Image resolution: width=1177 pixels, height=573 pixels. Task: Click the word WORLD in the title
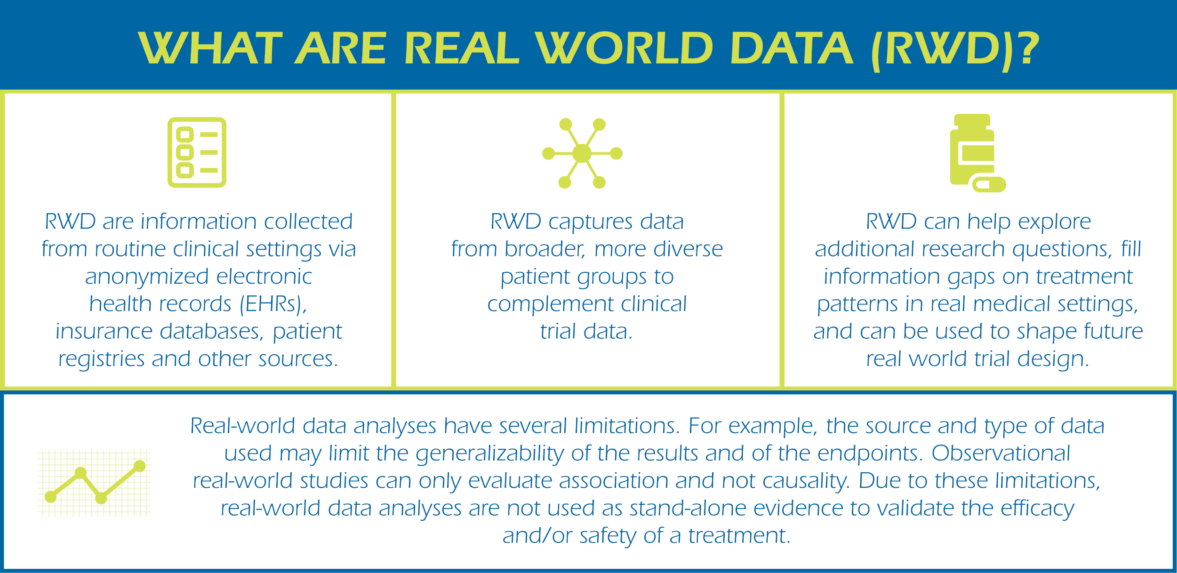coord(624,48)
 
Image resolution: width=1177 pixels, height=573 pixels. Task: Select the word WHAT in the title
coord(210,48)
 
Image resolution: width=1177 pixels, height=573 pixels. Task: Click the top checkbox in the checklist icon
coord(185,135)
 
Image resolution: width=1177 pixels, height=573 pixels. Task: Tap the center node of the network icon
coord(582,153)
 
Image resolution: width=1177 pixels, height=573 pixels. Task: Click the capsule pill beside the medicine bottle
coord(989,184)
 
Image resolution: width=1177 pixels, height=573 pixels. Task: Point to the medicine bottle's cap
coord(972,121)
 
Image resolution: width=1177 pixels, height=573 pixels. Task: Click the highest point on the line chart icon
coord(140,466)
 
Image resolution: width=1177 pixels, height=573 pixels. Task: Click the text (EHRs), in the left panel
coord(273,304)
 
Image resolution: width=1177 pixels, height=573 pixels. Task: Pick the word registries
coord(101,359)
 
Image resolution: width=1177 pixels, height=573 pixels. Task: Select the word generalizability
coord(490,454)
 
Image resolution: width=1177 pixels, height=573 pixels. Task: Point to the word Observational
coord(1001,453)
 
